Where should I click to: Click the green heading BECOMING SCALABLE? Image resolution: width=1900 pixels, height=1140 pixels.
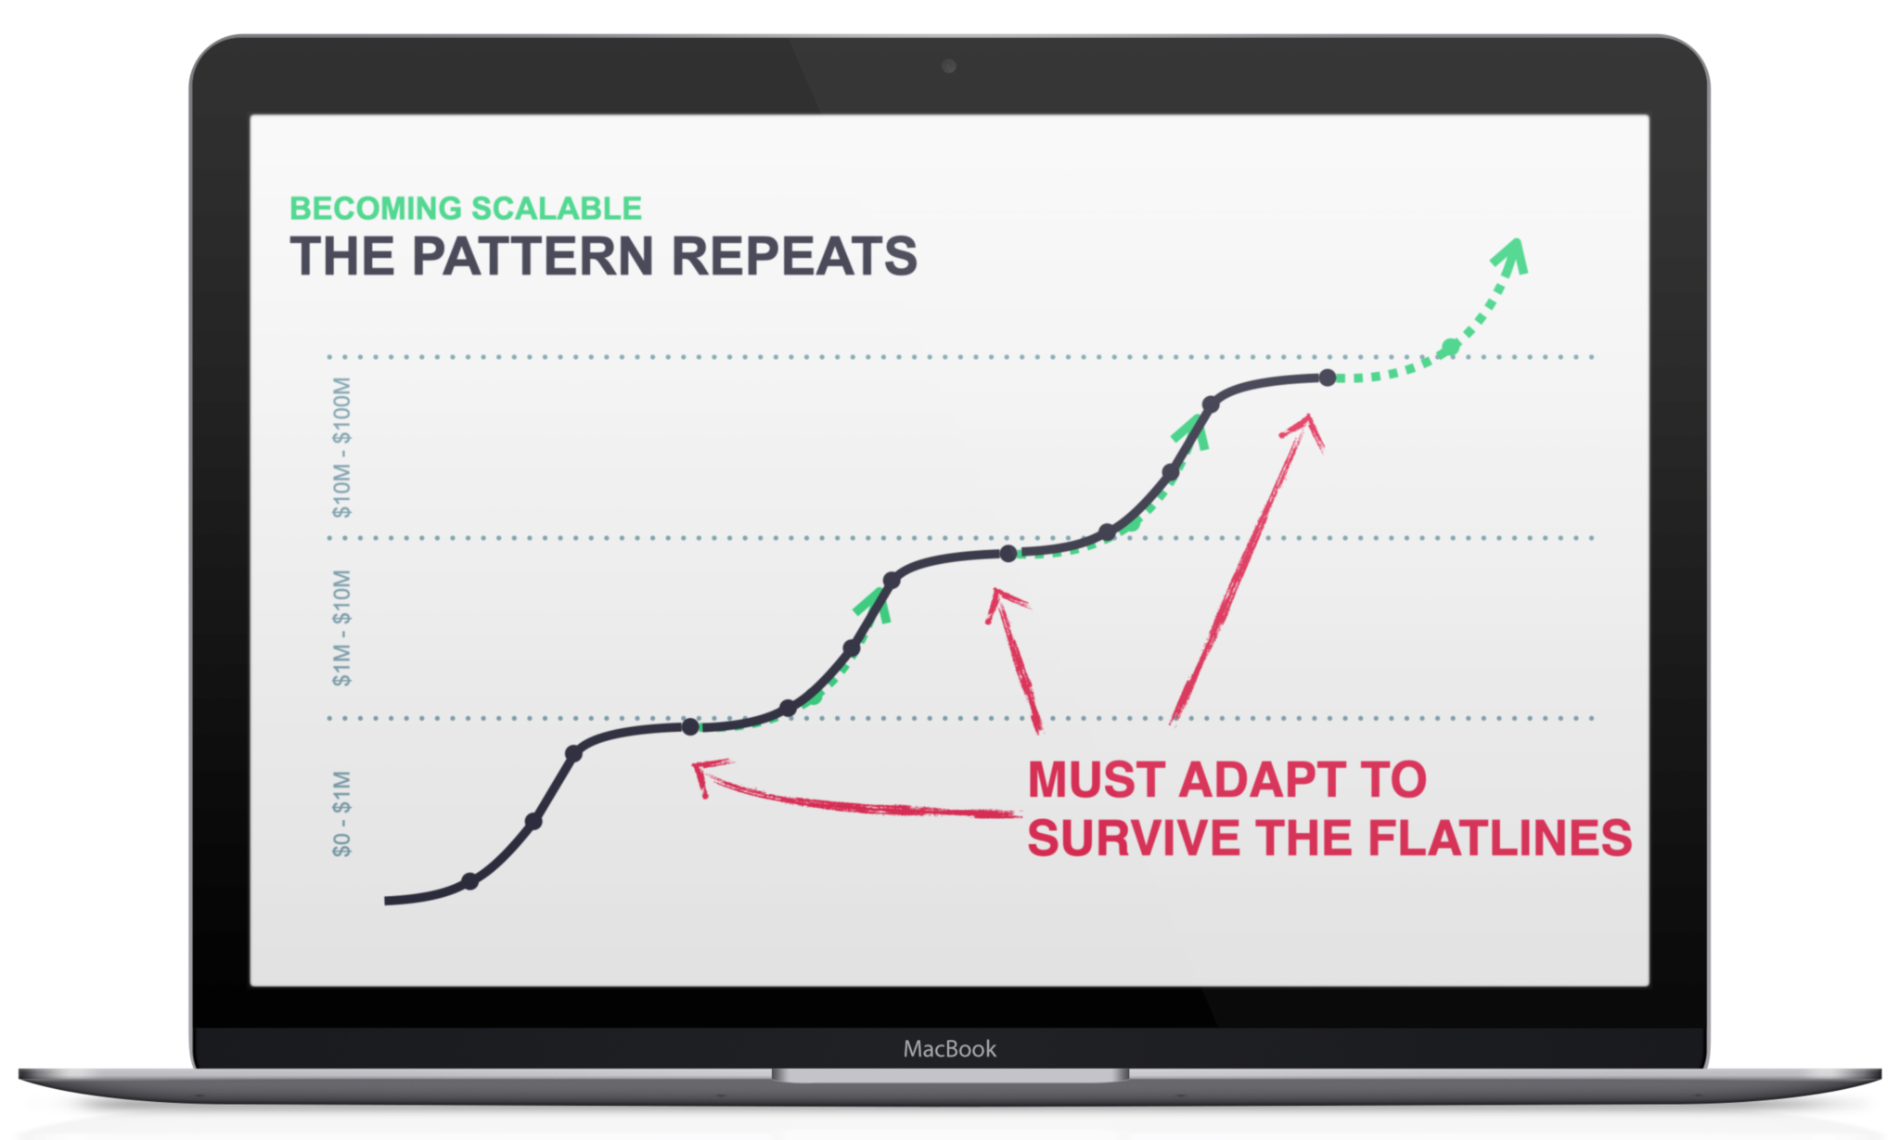pyautogui.click(x=465, y=208)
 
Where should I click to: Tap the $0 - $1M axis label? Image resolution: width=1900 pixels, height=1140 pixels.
pyautogui.click(x=342, y=813)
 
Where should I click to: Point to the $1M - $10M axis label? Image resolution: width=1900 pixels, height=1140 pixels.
pyautogui.click(x=342, y=628)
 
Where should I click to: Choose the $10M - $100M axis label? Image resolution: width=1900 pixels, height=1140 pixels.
pyautogui.click(x=342, y=447)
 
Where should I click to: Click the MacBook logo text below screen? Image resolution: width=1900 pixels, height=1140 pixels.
pyautogui.click(x=949, y=1049)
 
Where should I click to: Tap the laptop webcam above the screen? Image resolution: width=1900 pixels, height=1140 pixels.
pyautogui.click(x=948, y=66)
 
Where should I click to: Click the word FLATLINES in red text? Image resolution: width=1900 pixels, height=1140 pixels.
pyautogui.click(x=1499, y=838)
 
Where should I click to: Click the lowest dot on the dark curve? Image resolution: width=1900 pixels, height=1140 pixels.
pyautogui.click(x=469, y=880)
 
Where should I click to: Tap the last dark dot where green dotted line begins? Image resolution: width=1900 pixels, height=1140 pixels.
pyautogui.click(x=1328, y=378)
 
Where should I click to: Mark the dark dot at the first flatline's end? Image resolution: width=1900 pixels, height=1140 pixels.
pyautogui.click(x=690, y=727)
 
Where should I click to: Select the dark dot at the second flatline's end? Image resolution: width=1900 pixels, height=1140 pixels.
pyautogui.click(x=1008, y=554)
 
